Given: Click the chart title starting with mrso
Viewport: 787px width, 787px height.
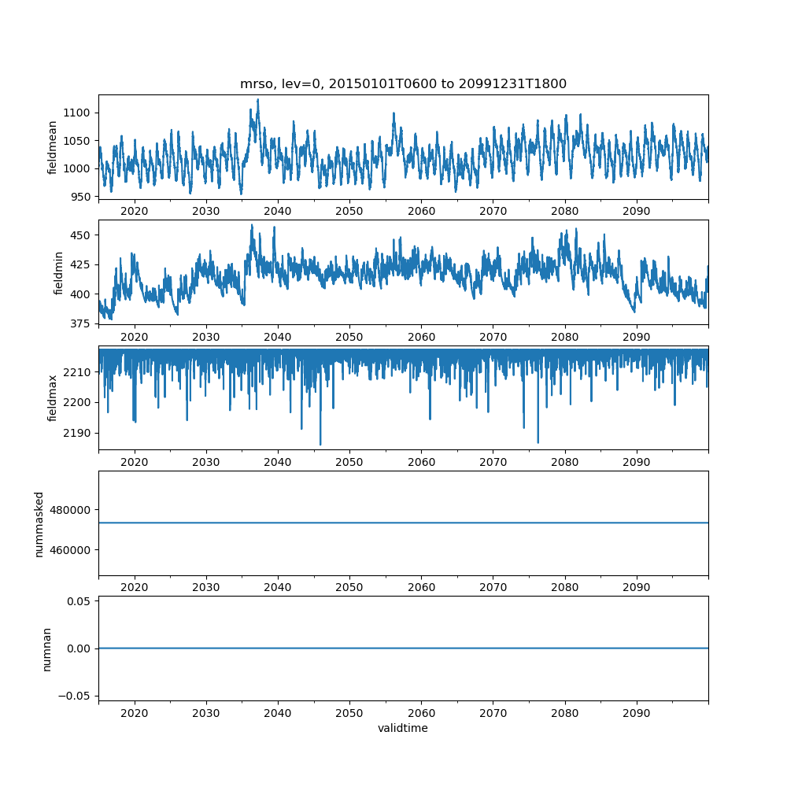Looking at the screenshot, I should [403, 84].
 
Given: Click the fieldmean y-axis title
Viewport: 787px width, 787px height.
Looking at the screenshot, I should [53, 148].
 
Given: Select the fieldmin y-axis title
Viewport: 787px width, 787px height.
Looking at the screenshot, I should [58, 272].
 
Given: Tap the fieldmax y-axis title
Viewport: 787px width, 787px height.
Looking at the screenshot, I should [53, 397].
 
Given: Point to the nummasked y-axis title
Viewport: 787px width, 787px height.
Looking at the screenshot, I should [39, 523].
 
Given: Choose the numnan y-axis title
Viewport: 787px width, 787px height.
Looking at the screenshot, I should [47, 648].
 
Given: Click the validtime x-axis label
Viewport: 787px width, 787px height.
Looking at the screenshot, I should [403, 729].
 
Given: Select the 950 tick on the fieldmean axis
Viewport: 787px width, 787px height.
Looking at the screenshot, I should [82, 196].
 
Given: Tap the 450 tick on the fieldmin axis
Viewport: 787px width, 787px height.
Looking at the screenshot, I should [82, 235].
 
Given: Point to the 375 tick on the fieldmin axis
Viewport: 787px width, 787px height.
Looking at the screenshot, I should [82, 323].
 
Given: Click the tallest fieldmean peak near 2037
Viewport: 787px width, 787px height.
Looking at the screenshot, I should [257, 100].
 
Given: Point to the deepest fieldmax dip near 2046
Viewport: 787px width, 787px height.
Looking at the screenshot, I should [320, 445].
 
